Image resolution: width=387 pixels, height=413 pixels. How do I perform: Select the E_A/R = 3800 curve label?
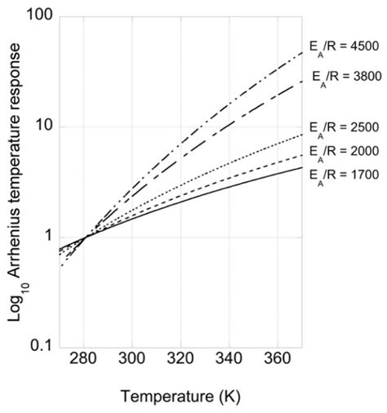coord(347,77)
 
